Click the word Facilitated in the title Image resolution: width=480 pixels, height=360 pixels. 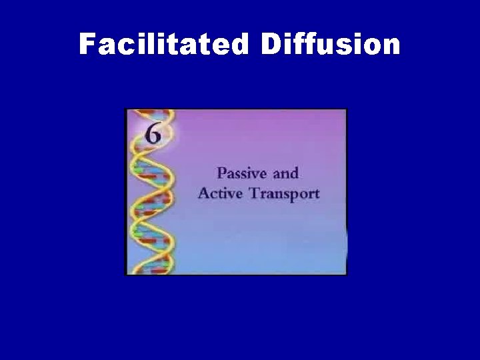[164, 44]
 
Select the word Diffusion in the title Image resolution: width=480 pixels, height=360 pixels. [331, 44]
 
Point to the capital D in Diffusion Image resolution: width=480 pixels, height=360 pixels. [272, 44]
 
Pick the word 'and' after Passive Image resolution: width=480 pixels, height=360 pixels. [285, 173]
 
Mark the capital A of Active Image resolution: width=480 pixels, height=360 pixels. [203, 194]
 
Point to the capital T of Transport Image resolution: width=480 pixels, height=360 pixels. [249, 194]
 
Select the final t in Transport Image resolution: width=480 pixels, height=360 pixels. [317, 195]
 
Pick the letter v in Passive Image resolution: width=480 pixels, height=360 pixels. [256, 175]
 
